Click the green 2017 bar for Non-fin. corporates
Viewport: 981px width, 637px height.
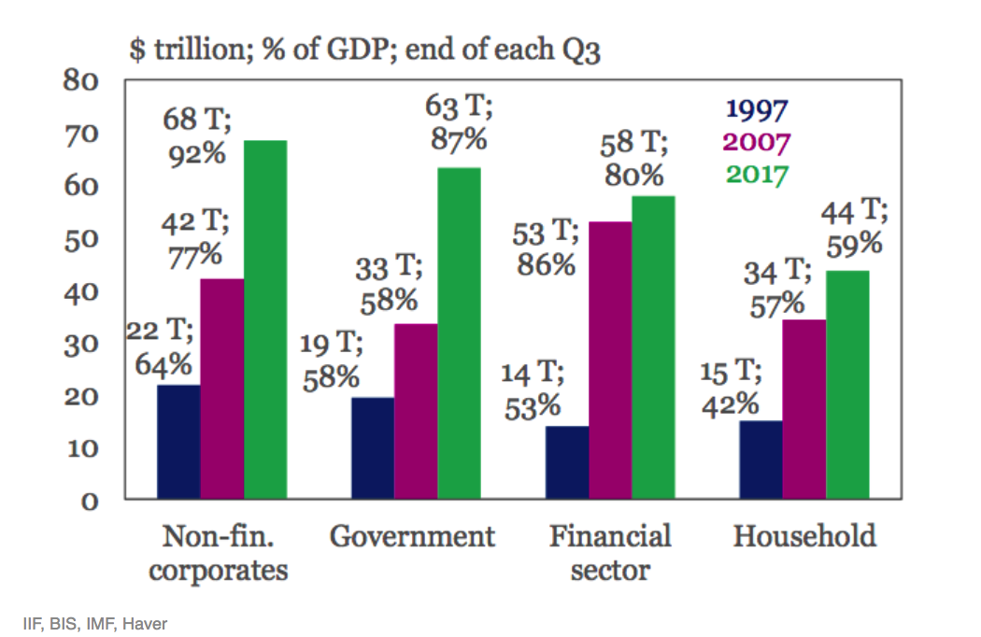click(x=265, y=318)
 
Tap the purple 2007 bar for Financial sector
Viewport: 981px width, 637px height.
click(x=610, y=360)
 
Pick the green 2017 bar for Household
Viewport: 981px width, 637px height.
click(x=847, y=384)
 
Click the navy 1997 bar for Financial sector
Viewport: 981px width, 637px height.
click(x=567, y=461)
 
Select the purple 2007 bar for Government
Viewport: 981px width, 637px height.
click(x=416, y=411)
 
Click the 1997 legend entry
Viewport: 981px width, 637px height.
click(x=758, y=110)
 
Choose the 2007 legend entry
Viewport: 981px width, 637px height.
click(x=757, y=143)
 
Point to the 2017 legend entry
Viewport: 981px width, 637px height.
click(x=757, y=175)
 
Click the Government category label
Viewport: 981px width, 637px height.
click(x=412, y=537)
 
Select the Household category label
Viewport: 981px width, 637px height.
click(x=804, y=537)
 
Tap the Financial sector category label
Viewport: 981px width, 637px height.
click(x=610, y=553)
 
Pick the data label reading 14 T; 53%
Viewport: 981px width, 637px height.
click(x=532, y=390)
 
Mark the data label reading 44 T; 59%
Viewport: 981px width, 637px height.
click(x=853, y=228)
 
